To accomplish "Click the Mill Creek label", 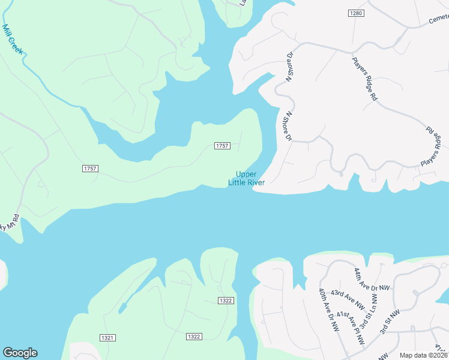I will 13,40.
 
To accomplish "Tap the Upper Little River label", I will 246,178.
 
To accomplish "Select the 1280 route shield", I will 356,13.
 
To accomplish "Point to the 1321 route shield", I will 107,338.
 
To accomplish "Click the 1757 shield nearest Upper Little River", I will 222,146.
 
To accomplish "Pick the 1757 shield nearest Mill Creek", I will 90,169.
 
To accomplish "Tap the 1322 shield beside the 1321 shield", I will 193,337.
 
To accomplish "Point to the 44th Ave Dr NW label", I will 371,280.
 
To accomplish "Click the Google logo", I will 20,353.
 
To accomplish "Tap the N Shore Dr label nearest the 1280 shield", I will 290,66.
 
